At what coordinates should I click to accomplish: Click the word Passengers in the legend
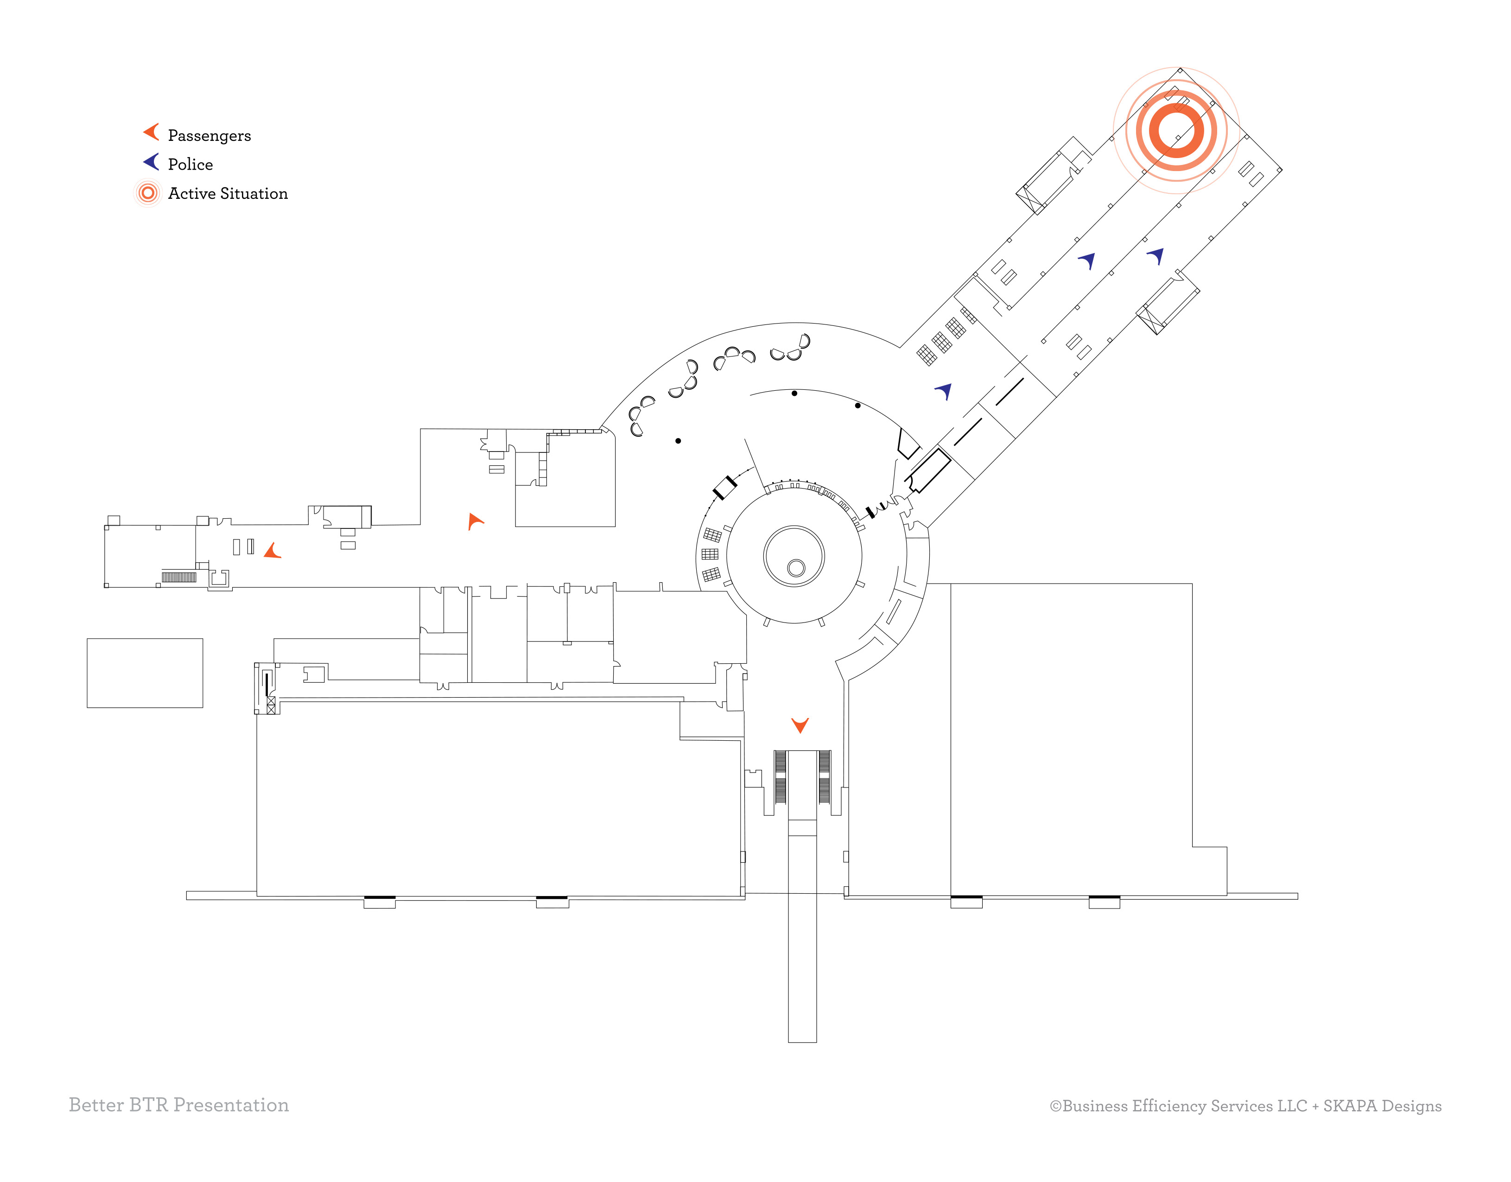[x=209, y=136]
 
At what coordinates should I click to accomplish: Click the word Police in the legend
[x=190, y=165]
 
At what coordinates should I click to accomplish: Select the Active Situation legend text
[x=228, y=194]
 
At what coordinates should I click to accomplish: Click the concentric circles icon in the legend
[x=147, y=193]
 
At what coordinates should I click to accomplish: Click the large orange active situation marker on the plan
[x=1176, y=130]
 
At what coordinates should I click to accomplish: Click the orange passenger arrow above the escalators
[x=800, y=724]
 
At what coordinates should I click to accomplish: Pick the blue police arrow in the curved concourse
[x=945, y=391]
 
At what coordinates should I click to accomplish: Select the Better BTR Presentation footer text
[x=178, y=1105]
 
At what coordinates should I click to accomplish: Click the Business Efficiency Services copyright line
[x=1245, y=1106]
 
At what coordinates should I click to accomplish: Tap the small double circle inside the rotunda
[x=796, y=568]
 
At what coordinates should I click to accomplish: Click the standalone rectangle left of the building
[x=145, y=673]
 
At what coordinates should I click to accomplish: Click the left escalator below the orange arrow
[x=781, y=777]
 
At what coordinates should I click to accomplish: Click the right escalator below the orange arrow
[x=824, y=777]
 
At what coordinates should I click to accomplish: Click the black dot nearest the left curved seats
[x=678, y=441]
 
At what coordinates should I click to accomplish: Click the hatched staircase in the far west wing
[x=179, y=577]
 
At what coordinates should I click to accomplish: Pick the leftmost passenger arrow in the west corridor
[x=273, y=551]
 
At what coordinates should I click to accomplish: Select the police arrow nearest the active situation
[x=1156, y=255]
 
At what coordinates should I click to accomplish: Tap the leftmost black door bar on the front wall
[x=379, y=897]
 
